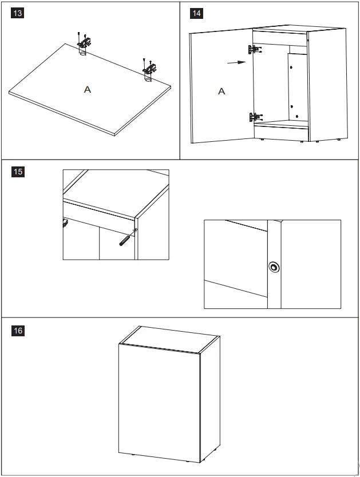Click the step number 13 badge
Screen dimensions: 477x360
(x=18, y=13)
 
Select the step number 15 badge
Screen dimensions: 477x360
(x=18, y=171)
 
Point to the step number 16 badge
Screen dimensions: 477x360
(x=18, y=330)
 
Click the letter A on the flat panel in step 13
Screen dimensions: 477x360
(x=87, y=89)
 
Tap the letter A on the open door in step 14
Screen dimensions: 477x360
(x=221, y=91)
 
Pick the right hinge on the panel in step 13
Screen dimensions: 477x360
(x=150, y=67)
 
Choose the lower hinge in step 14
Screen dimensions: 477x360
(x=255, y=118)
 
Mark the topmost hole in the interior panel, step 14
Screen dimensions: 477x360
(x=291, y=67)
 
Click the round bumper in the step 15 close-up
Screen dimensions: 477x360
(x=275, y=267)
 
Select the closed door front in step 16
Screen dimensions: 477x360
(x=159, y=400)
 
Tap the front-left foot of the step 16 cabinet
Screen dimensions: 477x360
(x=132, y=455)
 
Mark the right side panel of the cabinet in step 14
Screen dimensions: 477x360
(x=327, y=86)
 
